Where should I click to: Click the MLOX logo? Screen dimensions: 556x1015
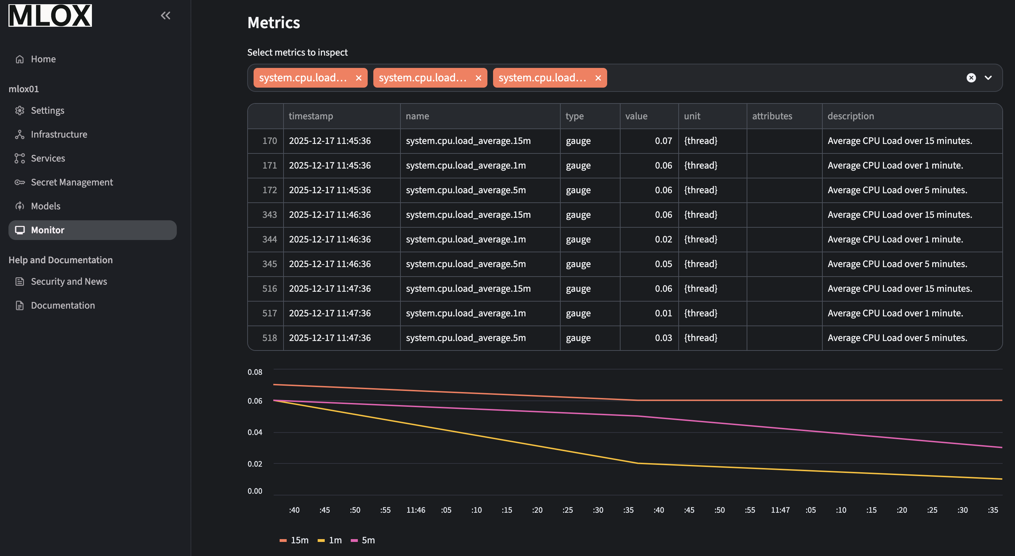[x=50, y=15]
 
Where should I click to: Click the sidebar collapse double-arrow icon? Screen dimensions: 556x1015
[x=166, y=15]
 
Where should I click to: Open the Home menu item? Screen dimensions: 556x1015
[x=43, y=59]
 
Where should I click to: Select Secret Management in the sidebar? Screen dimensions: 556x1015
[x=72, y=182]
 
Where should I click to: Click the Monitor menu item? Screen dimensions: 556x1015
[x=48, y=230]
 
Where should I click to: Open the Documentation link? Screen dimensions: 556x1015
[x=63, y=305]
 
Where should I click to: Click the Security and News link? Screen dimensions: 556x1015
[x=69, y=281]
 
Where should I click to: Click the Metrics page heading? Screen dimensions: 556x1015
[x=273, y=23]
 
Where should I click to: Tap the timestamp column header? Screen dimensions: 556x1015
[x=311, y=116]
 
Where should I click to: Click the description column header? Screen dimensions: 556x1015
[x=850, y=116]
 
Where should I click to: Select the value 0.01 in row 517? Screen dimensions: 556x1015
[x=663, y=313]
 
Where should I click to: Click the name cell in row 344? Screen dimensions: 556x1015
[x=466, y=239]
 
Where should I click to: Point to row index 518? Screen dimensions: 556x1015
[x=269, y=337]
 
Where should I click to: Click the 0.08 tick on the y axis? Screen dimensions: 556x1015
[x=255, y=372]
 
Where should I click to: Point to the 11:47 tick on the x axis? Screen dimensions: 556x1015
[x=780, y=510]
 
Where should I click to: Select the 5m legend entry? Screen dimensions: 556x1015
[x=368, y=540]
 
